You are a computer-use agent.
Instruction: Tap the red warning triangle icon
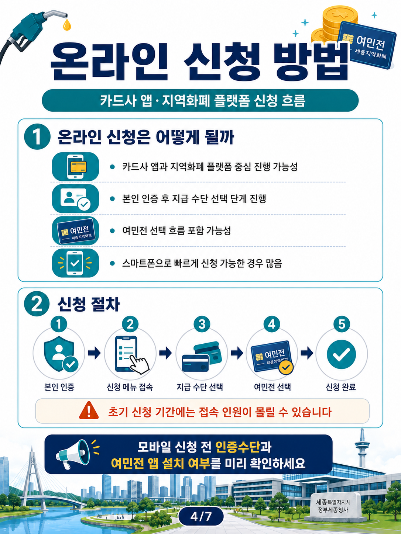pos(89,411)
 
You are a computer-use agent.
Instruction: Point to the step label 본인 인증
pos(59,387)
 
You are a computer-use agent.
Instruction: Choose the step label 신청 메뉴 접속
pos(130,387)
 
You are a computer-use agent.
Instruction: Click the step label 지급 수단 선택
pos(200,387)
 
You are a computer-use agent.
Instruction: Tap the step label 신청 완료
pos(341,387)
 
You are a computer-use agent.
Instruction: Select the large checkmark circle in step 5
pos(341,354)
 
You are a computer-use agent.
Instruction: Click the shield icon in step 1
pos(59,354)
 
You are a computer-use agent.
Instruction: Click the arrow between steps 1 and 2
pos(94,353)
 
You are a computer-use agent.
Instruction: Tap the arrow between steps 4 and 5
pos(307,353)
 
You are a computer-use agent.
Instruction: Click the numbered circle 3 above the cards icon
pos(202,324)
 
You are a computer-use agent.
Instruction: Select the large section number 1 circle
pos(37,137)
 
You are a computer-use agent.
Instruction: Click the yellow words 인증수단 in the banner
pos(238,447)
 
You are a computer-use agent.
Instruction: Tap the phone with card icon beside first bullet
pos(75,167)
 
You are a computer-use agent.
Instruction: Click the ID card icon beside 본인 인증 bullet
pos(75,198)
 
